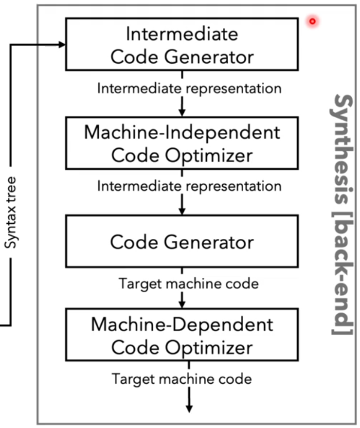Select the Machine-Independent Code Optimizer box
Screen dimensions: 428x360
click(x=181, y=143)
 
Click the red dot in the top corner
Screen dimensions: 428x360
click(x=312, y=21)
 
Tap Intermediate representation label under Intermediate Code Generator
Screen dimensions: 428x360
click(x=189, y=89)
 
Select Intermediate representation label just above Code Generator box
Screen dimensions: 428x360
click(x=189, y=186)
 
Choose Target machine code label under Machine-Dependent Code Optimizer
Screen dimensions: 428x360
click(x=181, y=378)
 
